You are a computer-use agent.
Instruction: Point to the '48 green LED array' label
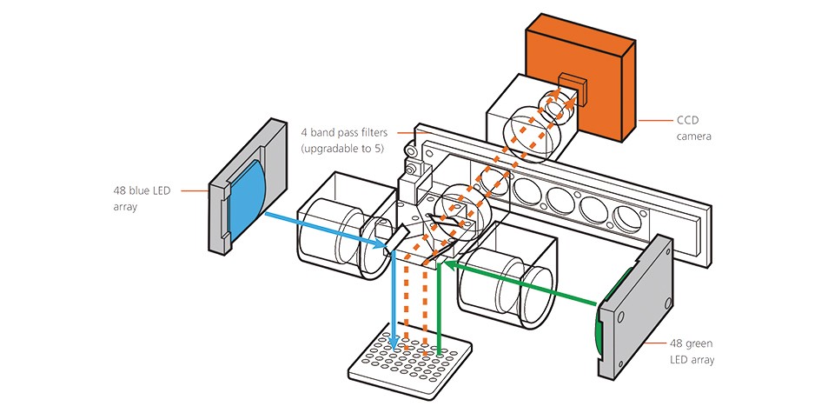coord(692,350)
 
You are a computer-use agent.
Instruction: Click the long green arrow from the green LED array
coord(521,283)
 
